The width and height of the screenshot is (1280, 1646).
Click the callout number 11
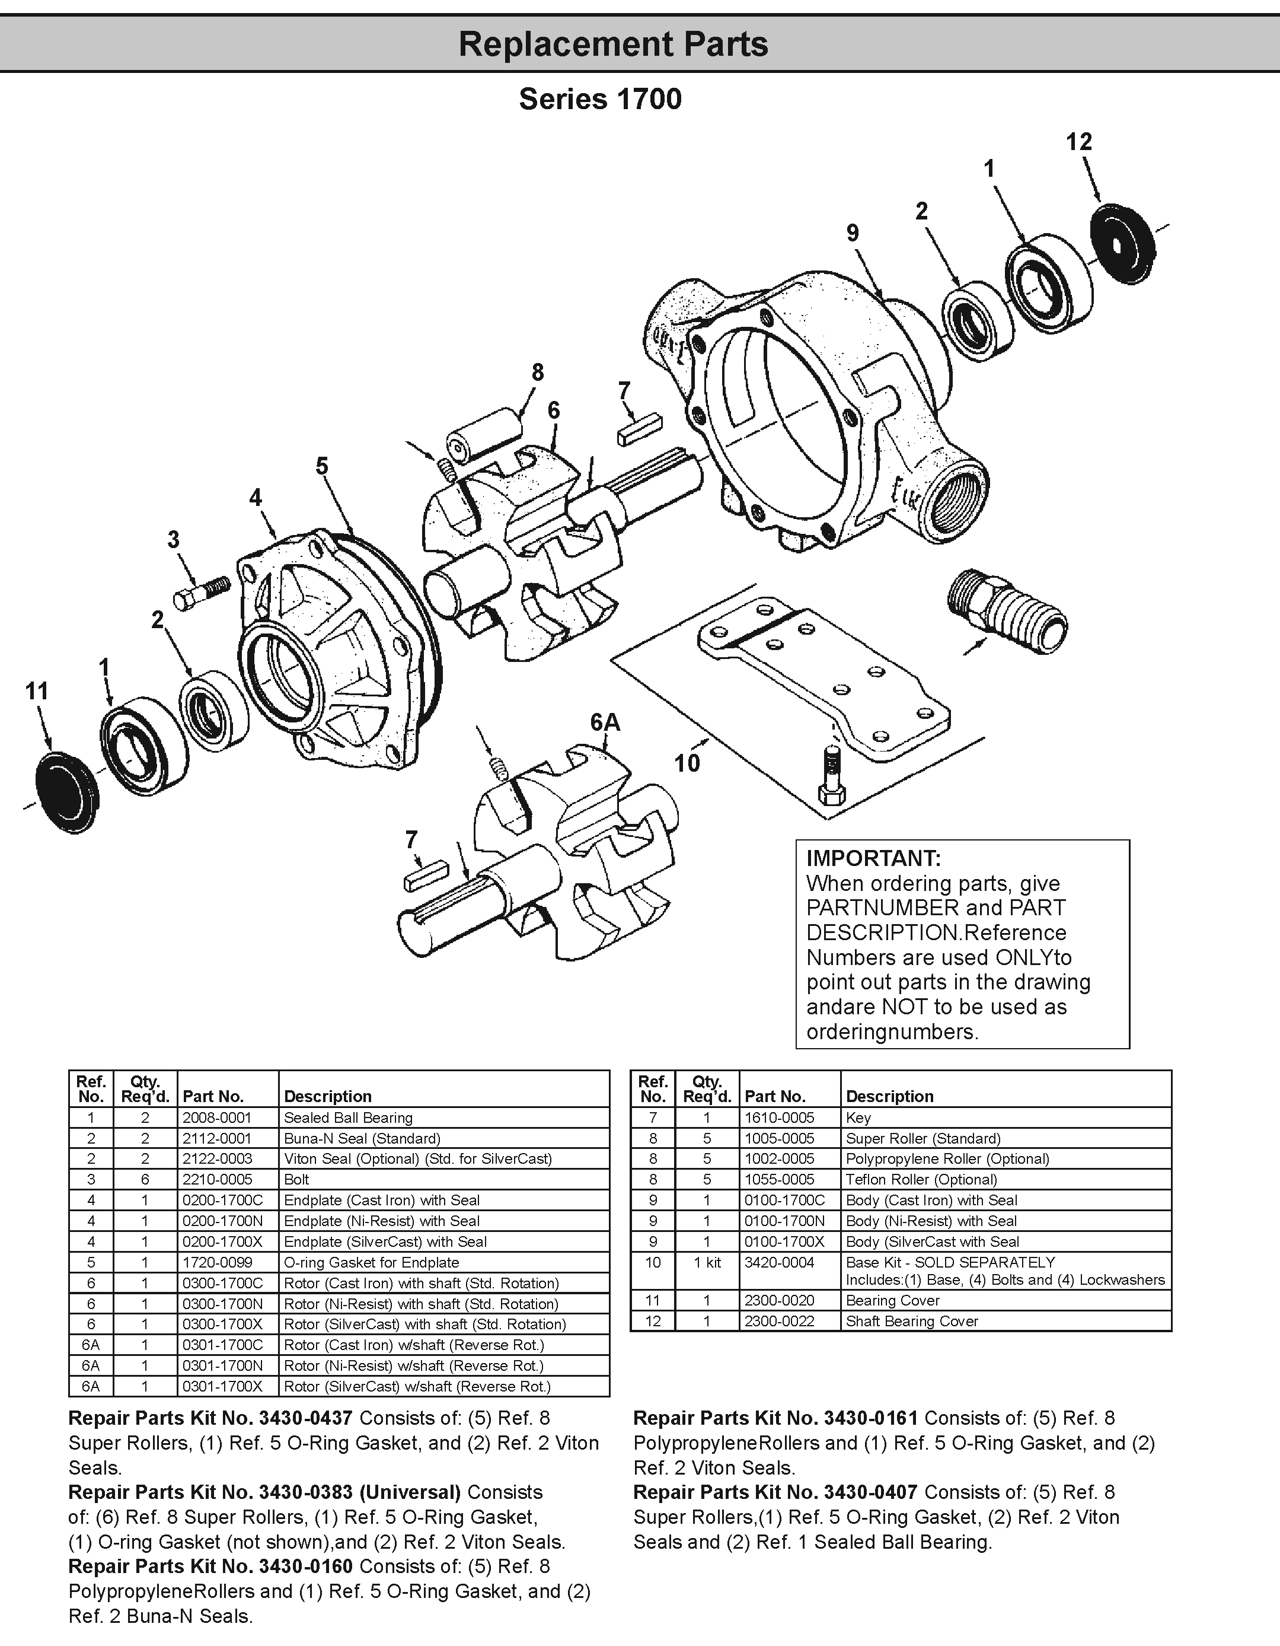click(x=37, y=690)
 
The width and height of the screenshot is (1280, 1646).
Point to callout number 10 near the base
click(x=687, y=763)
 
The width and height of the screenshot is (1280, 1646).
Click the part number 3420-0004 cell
click(x=779, y=1262)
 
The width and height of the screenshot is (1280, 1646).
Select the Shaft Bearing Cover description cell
click(x=912, y=1321)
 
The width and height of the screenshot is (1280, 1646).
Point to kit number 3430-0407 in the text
click(x=870, y=1492)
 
